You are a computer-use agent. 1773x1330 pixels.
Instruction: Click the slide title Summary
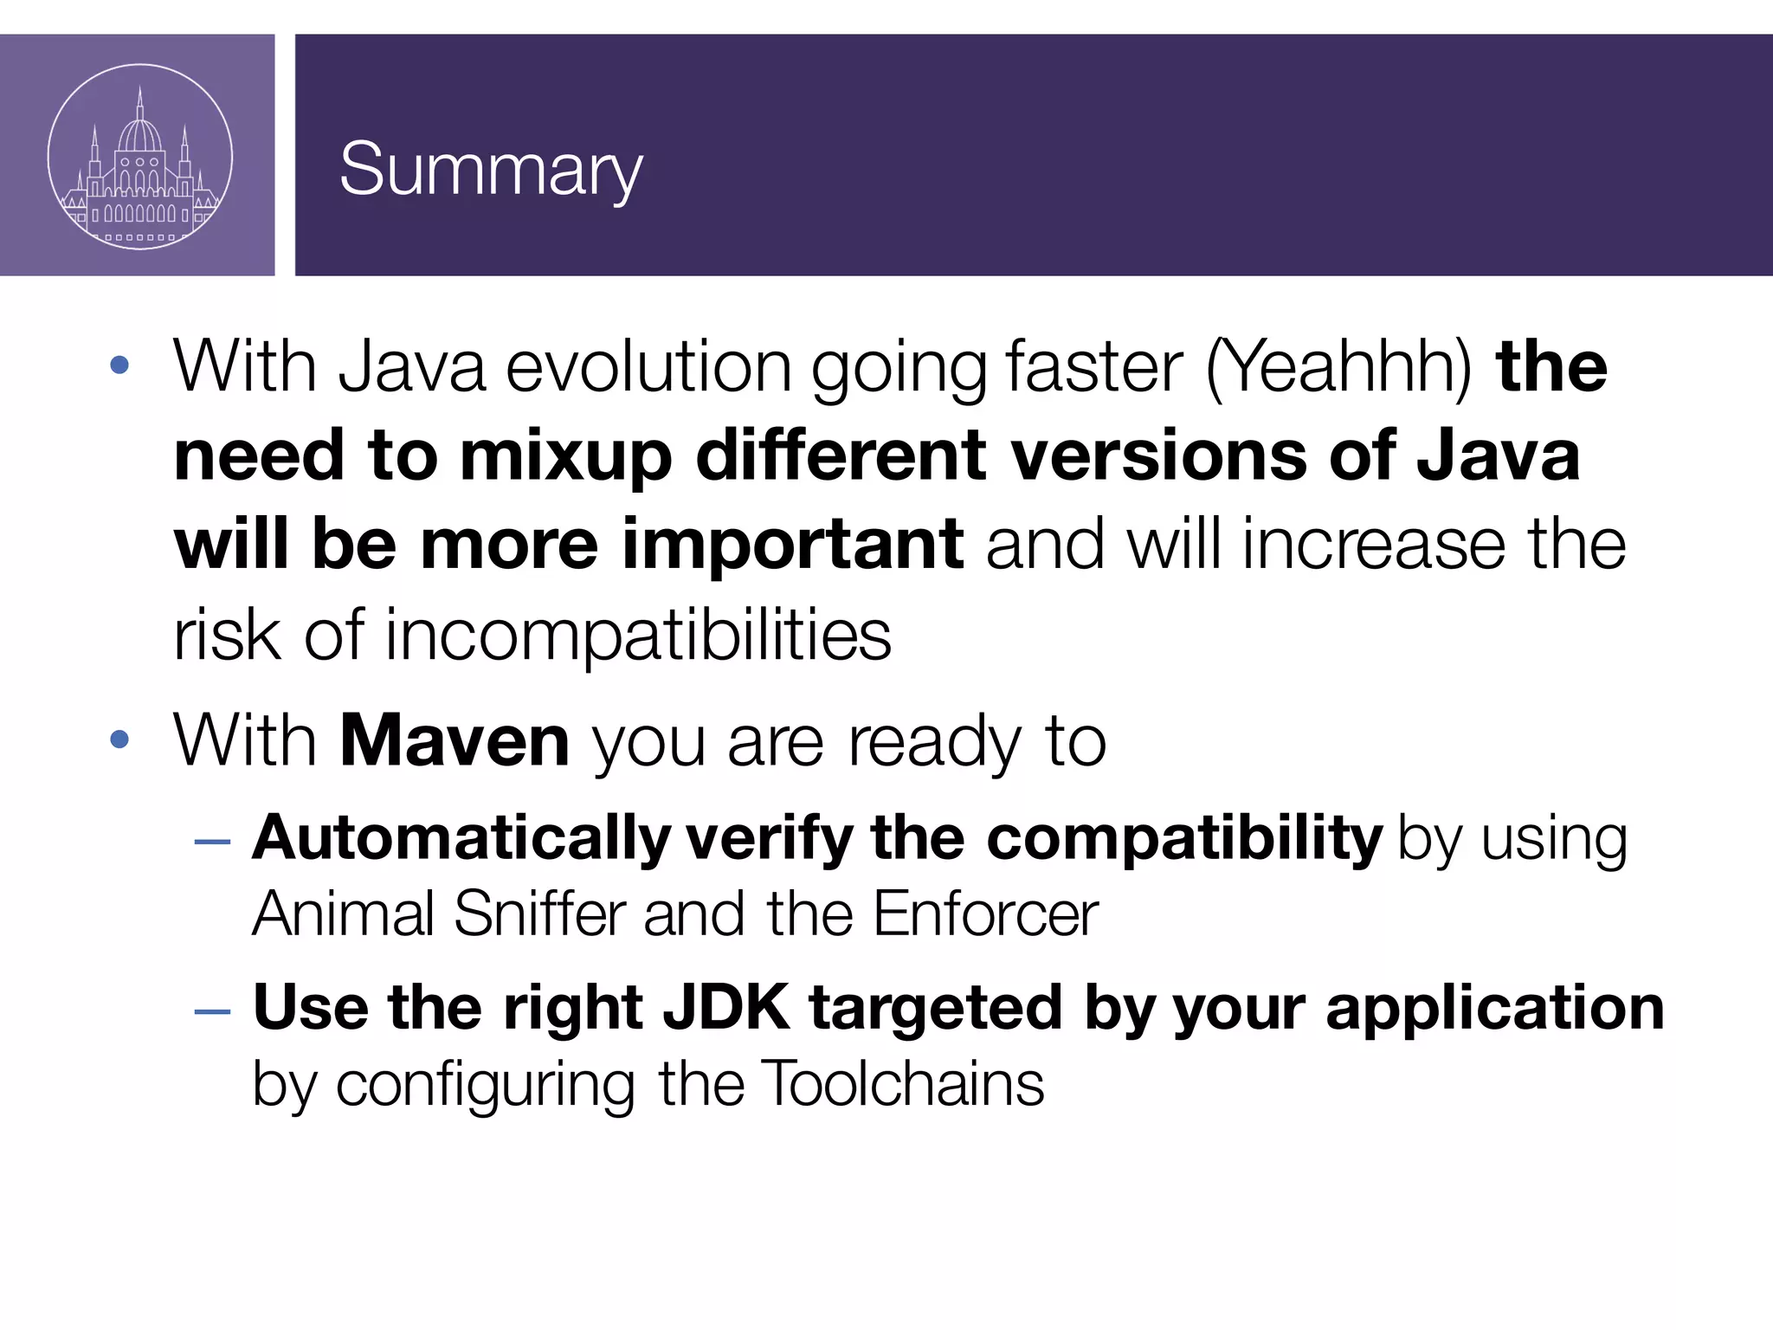(x=490, y=171)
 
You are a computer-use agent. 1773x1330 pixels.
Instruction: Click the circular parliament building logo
(x=139, y=157)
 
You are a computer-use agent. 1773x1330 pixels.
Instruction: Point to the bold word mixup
(x=565, y=457)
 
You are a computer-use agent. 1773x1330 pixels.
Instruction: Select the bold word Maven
(x=455, y=741)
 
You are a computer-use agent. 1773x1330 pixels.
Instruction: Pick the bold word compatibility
(x=1184, y=838)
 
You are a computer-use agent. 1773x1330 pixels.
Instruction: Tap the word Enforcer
(x=985, y=914)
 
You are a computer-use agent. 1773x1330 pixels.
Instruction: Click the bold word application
(x=1495, y=1009)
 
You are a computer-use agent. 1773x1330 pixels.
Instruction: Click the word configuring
(x=485, y=1086)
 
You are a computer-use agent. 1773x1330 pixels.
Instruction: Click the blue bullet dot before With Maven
(x=119, y=739)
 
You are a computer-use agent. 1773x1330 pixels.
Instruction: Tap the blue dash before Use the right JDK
(x=213, y=1010)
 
